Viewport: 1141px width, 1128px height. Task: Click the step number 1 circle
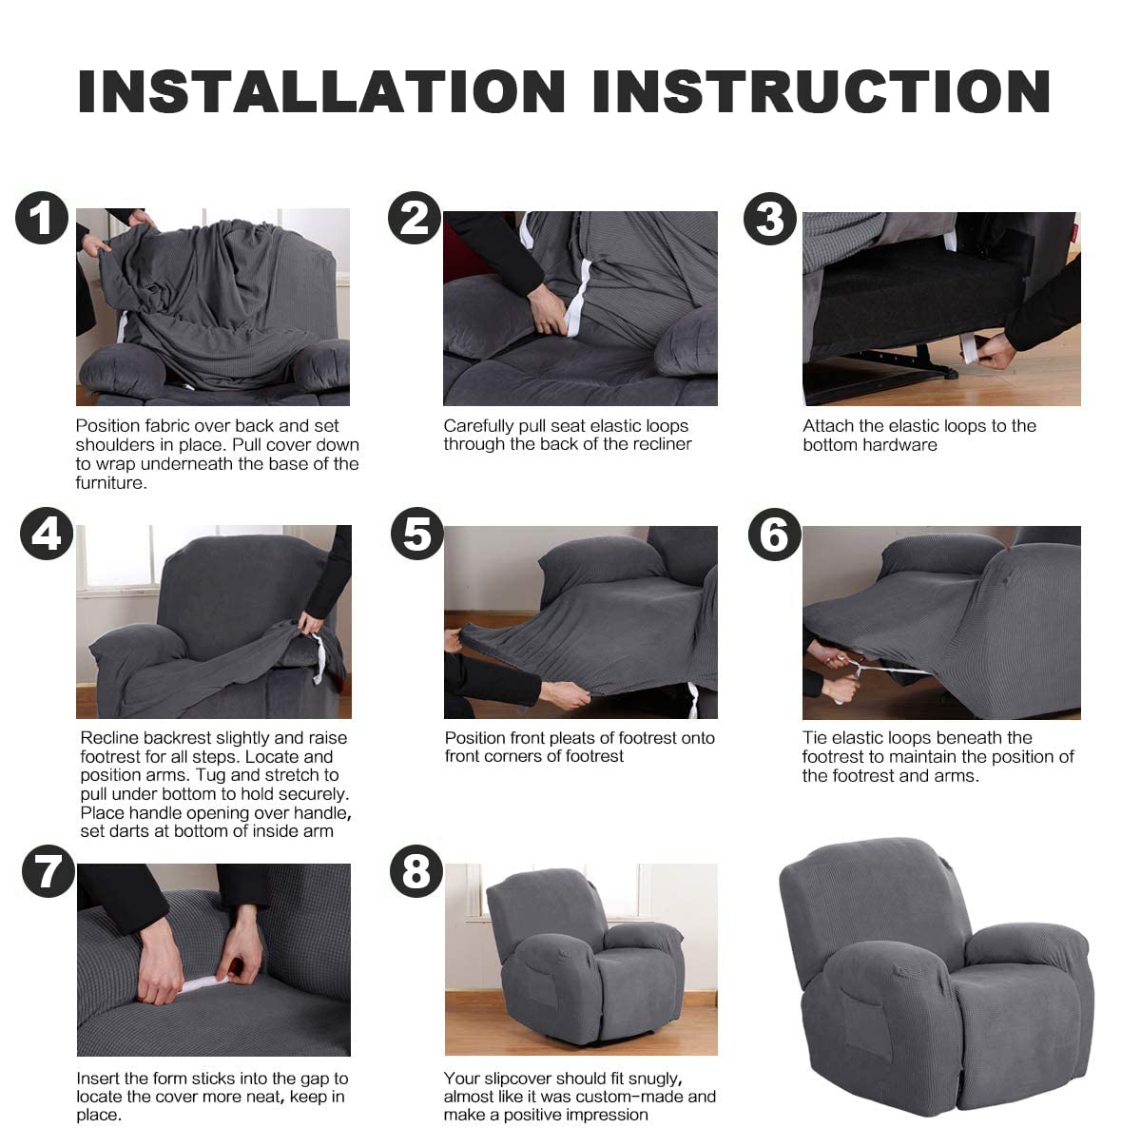pyautogui.click(x=42, y=218)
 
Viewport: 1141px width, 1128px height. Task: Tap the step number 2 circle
pyautogui.click(x=415, y=218)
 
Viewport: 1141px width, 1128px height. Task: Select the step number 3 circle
pyautogui.click(x=770, y=219)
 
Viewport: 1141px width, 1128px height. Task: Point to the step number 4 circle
pyautogui.click(x=47, y=534)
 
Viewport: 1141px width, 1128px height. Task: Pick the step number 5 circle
pyautogui.click(x=416, y=534)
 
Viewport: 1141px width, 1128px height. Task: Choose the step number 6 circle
pyautogui.click(x=775, y=535)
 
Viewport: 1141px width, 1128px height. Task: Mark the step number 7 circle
pyautogui.click(x=48, y=871)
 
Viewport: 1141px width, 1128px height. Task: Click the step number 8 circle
pyautogui.click(x=416, y=871)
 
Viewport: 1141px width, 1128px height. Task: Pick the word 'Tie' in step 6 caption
pyautogui.click(x=815, y=738)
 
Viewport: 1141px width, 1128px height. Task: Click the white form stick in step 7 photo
pyautogui.click(x=204, y=984)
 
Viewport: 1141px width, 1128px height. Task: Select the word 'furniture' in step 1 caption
pyautogui.click(x=111, y=483)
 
